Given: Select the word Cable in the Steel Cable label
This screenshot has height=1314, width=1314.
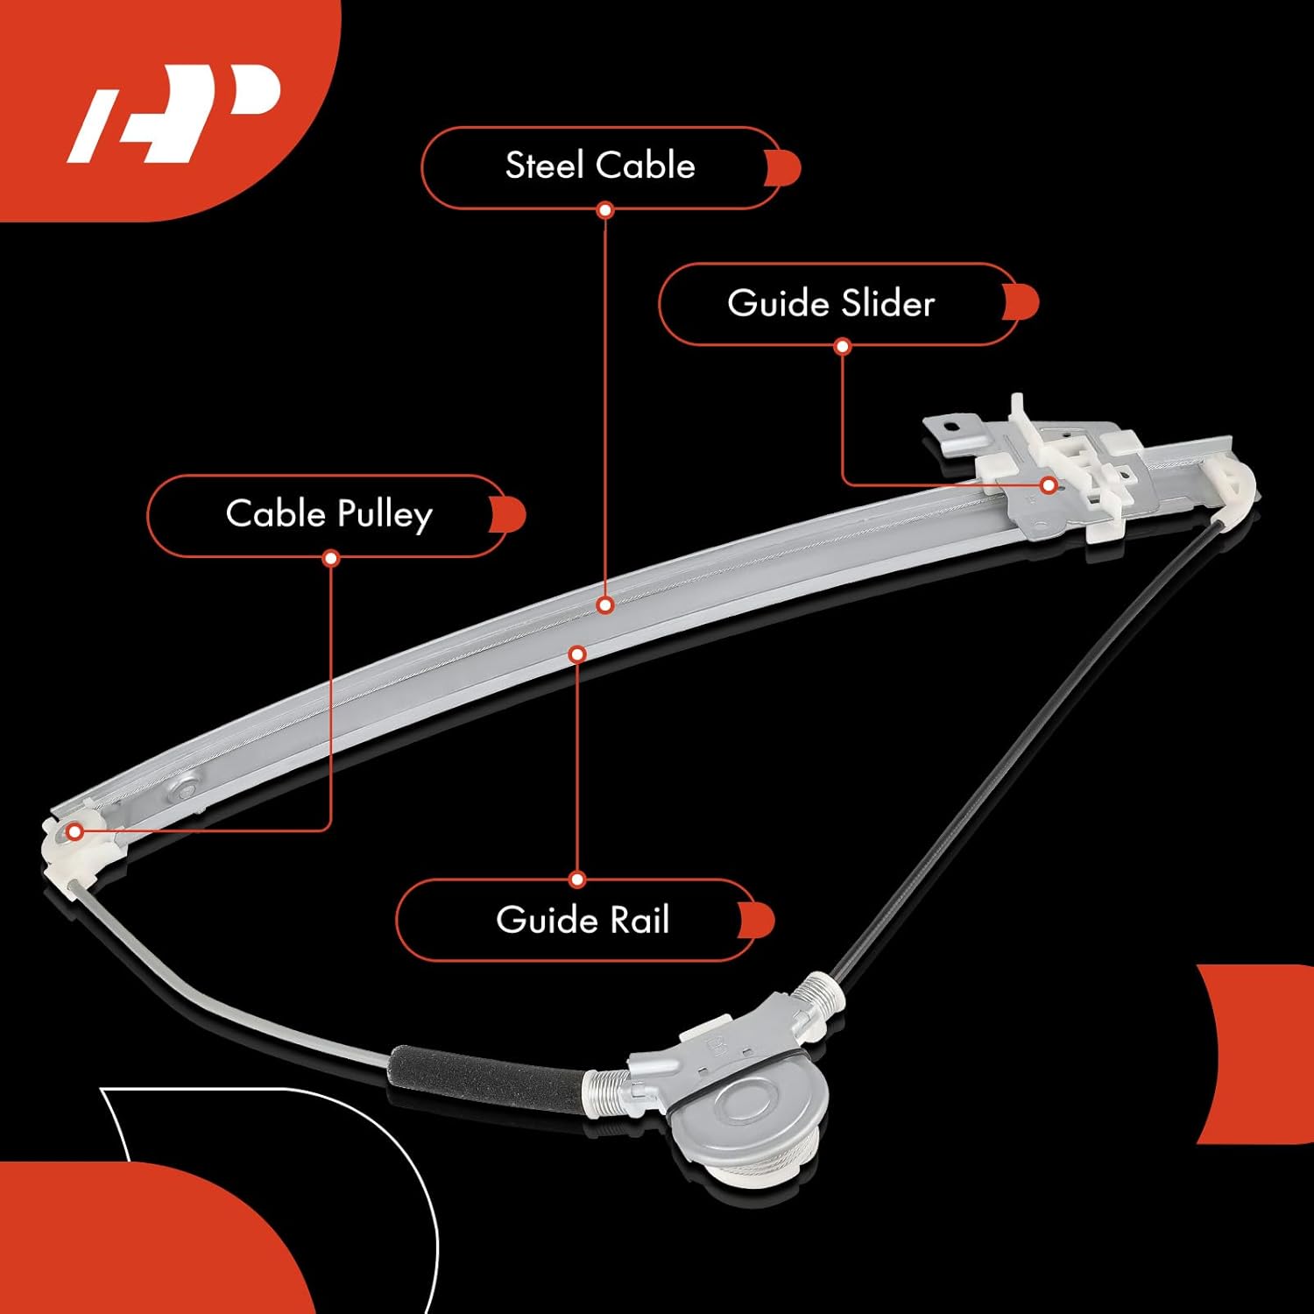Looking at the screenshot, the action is point(653,166).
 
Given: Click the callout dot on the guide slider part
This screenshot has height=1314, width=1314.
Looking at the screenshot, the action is point(1049,485).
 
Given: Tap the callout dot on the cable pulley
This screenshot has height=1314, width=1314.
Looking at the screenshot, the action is point(76,831).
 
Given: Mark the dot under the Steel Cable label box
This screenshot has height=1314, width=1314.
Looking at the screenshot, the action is point(604,210).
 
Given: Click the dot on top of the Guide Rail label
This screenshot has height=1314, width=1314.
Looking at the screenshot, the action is point(576,880).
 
